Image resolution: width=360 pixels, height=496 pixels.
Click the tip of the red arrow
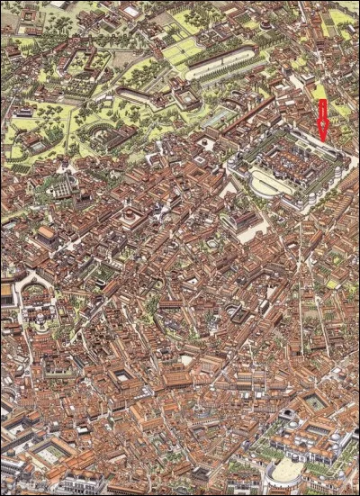point(323,140)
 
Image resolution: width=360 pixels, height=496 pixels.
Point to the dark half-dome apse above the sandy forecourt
point(286,417)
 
